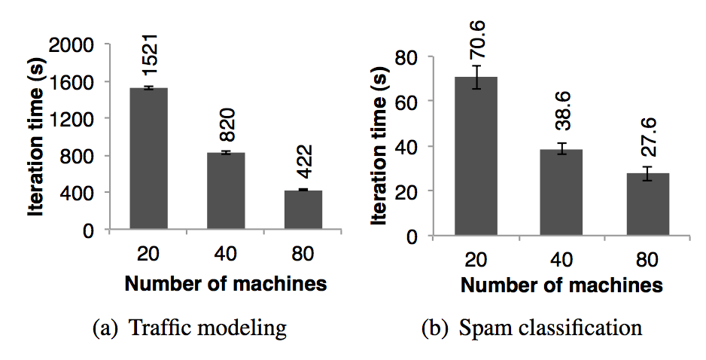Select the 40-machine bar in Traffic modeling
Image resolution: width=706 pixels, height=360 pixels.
point(226,192)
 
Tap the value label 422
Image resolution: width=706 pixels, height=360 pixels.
point(303,160)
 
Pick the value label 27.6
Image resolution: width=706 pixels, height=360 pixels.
point(648,137)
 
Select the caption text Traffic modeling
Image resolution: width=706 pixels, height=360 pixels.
point(208,328)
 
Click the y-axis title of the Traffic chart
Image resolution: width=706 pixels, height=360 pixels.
point(35,138)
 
